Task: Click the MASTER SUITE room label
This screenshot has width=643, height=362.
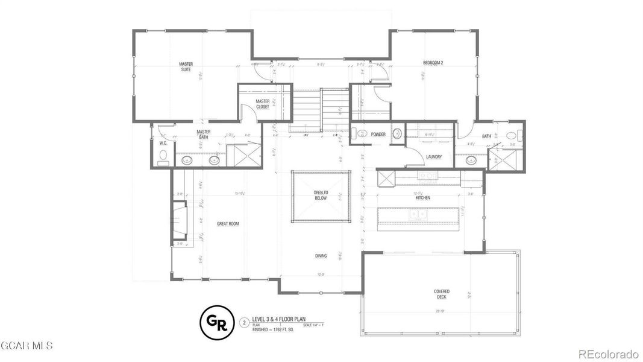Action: [185, 66]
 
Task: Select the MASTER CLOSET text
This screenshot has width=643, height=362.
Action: [262, 104]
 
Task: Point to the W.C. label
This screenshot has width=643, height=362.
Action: [163, 143]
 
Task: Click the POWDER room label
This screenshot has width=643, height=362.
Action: [378, 135]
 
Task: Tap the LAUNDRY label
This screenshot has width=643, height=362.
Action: [434, 157]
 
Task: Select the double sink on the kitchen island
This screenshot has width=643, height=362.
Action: [418, 214]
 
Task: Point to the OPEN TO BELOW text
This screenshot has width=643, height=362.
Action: [321, 195]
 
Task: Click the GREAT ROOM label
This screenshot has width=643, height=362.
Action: [228, 224]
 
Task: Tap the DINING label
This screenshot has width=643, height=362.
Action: [321, 256]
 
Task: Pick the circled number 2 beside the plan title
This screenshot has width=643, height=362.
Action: [244, 322]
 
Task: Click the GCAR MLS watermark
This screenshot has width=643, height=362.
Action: [27, 346]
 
